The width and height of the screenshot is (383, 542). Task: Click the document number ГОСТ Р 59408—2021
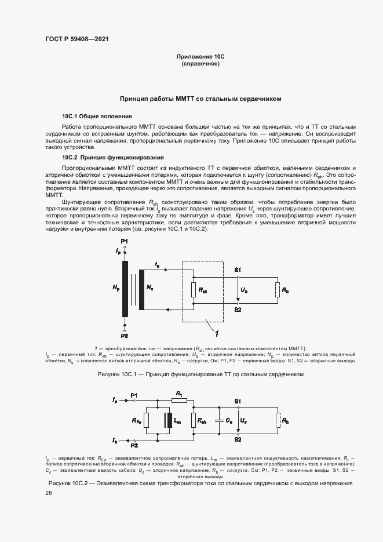click(76, 39)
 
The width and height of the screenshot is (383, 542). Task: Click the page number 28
click(49, 493)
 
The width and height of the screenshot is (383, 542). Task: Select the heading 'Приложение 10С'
click(200, 57)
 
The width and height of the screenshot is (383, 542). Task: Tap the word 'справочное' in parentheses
click(200, 64)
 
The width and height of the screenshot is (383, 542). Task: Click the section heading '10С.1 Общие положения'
click(97, 116)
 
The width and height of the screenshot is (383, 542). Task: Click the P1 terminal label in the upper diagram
click(124, 241)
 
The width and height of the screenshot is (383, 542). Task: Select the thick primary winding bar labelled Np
click(125, 289)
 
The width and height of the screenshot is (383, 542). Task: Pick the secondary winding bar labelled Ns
click(139, 289)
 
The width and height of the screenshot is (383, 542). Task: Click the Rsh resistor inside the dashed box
click(194, 289)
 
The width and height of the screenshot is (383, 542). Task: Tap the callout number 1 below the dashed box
click(216, 333)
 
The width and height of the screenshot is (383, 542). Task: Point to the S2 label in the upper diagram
click(238, 310)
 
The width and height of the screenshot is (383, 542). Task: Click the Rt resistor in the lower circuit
click(179, 400)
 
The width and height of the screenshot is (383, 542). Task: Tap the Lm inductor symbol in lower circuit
click(168, 421)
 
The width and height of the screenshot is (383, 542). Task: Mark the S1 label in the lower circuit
click(238, 401)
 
